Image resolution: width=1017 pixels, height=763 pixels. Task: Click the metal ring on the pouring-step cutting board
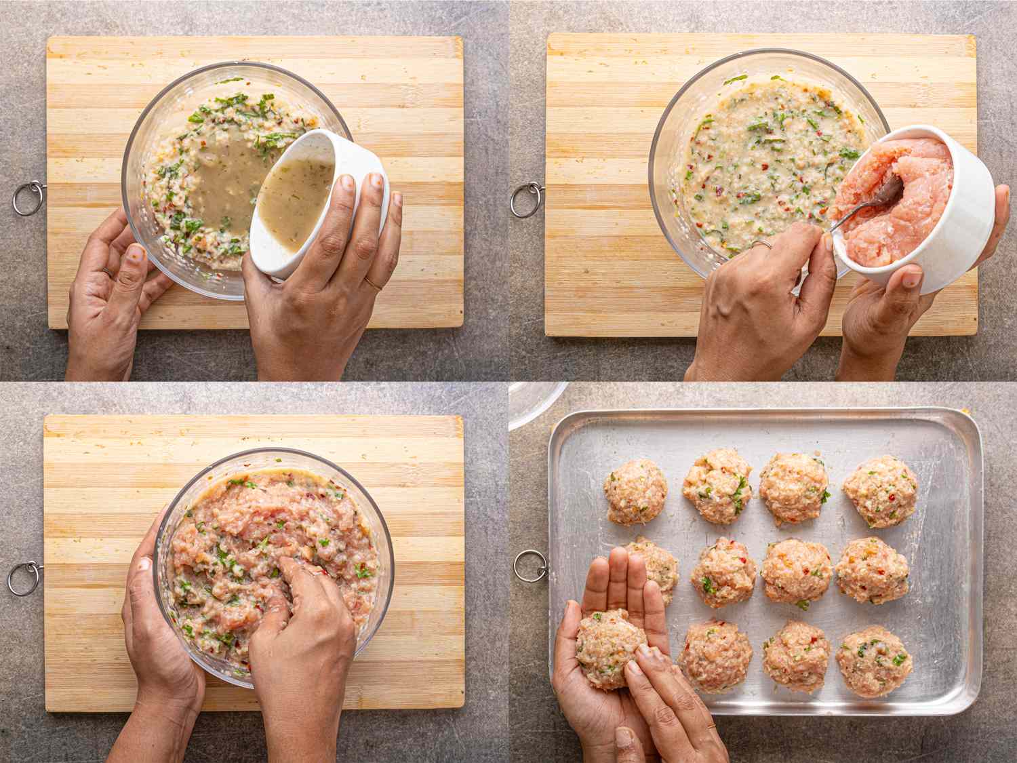tap(28, 198)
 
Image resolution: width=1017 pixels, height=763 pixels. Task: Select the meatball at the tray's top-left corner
tap(635, 492)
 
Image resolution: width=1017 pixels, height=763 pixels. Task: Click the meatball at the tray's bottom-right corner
tap(873, 661)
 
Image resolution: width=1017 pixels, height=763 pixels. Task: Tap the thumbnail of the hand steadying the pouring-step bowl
tap(136, 254)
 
